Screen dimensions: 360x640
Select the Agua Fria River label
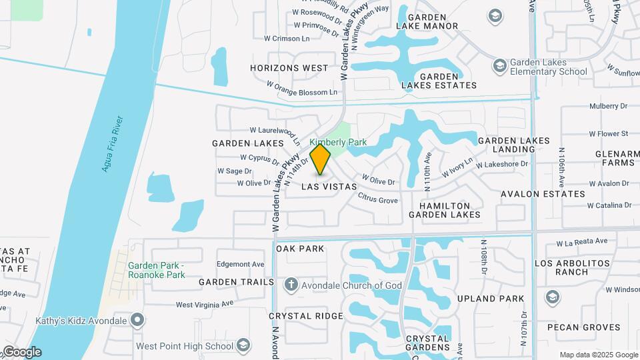click(x=112, y=144)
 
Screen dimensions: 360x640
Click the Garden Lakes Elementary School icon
click(x=499, y=66)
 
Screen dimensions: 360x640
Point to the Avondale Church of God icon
click(x=291, y=285)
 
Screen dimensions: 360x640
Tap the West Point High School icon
click(x=243, y=345)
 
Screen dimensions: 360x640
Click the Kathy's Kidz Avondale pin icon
click(x=137, y=321)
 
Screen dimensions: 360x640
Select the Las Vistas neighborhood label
click(x=329, y=187)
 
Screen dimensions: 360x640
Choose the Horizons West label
click(x=289, y=68)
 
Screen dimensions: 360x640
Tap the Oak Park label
click(x=301, y=249)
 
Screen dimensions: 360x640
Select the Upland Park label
click(x=492, y=298)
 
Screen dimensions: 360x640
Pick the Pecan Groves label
click(x=584, y=327)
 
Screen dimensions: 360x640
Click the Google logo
click(x=21, y=352)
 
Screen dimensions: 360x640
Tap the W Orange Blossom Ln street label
click(x=302, y=89)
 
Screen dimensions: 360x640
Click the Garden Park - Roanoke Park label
click(x=157, y=270)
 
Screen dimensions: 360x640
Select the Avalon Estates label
click(x=543, y=194)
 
